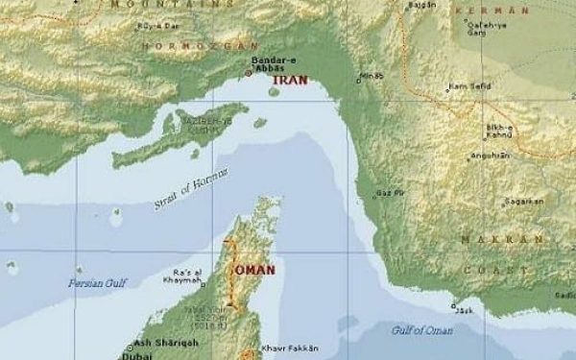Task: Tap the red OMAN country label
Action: pos(254,270)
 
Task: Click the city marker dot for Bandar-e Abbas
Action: pos(249,73)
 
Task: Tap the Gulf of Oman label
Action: pos(421,330)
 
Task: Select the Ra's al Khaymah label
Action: pos(188,277)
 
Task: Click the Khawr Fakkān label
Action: pos(289,348)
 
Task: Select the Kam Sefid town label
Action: pos(472,86)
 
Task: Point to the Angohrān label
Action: pos(490,155)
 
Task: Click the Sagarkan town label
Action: pos(526,202)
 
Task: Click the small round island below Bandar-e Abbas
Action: pos(274,92)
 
